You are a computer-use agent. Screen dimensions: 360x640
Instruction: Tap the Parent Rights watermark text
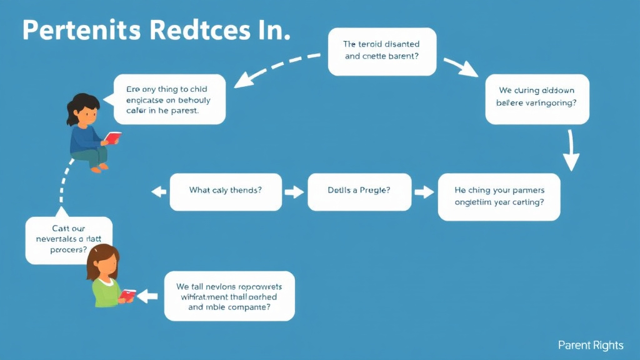point(591,345)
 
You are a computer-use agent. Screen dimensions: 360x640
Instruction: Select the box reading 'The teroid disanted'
point(382,51)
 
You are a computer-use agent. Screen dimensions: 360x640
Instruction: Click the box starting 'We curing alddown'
point(538,96)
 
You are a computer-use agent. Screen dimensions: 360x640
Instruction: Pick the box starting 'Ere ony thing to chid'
point(169,99)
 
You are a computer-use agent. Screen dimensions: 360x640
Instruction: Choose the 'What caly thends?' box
point(225,190)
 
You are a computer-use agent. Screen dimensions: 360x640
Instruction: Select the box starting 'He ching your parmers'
point(499,196)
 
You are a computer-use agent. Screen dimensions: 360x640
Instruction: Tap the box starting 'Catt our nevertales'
point(69,240)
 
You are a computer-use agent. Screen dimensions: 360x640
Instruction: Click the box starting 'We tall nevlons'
point(229,296)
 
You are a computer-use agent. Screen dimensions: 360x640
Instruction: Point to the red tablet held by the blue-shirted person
point(112,137)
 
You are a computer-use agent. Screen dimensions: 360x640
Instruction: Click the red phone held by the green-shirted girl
point(129,294)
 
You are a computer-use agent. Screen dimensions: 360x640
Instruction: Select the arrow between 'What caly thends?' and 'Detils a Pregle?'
point(292,191)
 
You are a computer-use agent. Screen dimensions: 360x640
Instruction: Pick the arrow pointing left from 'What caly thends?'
point(159,191)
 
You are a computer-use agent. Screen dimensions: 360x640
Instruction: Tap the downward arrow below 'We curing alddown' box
point(570,152)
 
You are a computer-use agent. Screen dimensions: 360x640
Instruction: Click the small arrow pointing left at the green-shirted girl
point(147,296)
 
